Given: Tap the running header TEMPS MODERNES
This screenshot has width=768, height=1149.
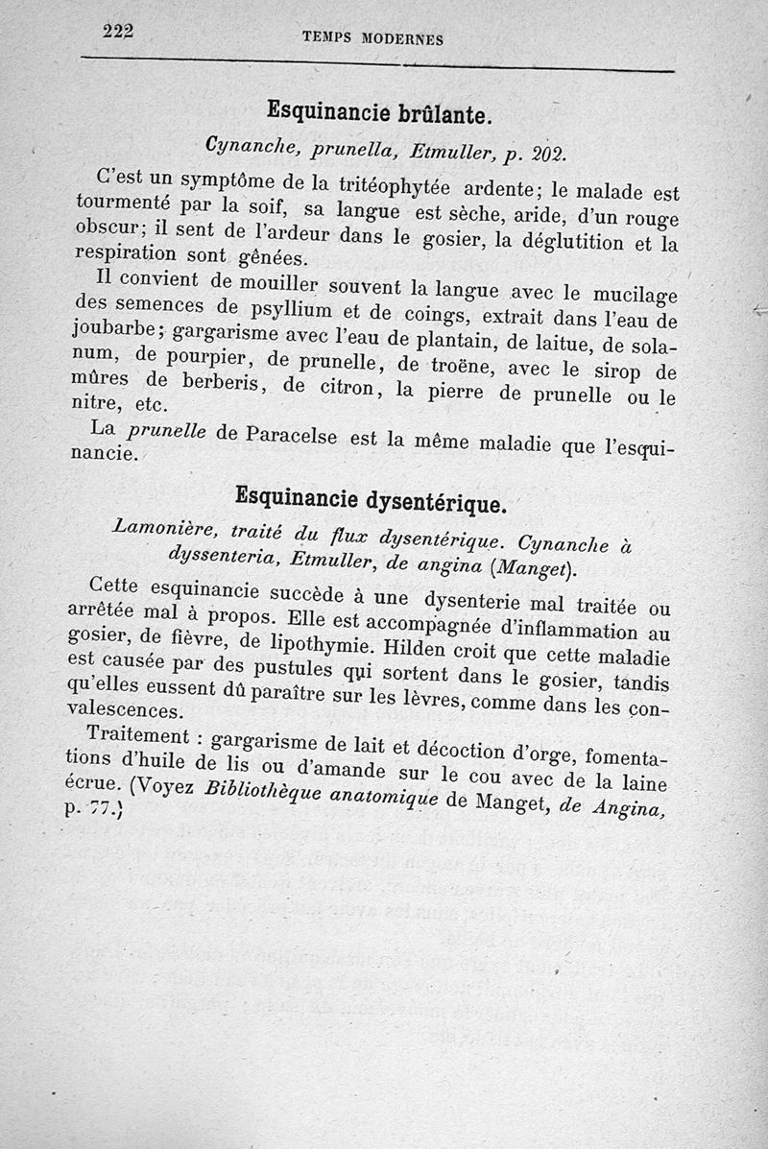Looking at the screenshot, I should pos(372,38).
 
